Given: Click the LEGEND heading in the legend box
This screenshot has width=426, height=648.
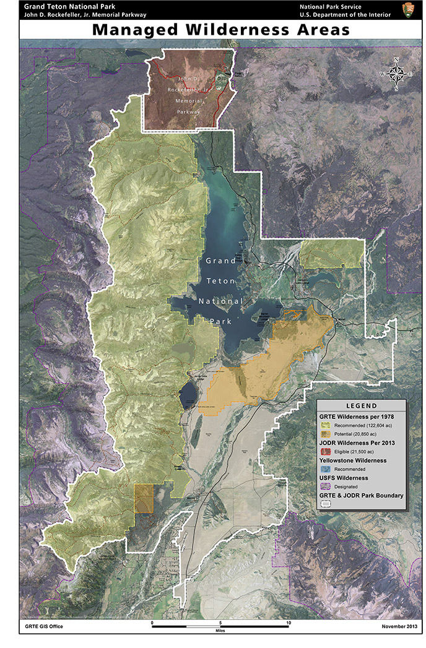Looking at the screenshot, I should (x=361, y=406).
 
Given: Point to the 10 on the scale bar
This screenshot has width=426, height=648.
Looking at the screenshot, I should (x=288, y=622).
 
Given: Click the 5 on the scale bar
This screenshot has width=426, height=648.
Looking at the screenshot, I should (x=220, y=622).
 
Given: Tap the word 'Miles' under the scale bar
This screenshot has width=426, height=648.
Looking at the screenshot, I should (x=220, y=633).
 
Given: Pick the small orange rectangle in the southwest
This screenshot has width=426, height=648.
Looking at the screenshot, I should (x=143, y=498).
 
